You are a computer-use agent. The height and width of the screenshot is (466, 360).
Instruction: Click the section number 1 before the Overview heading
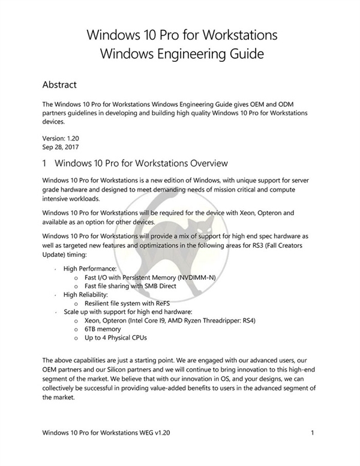[x=46, y=163]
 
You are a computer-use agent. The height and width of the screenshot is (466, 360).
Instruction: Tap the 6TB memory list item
[x=103, y=329]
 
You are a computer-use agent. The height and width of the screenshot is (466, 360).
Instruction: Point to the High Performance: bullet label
[x=89, y=270]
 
